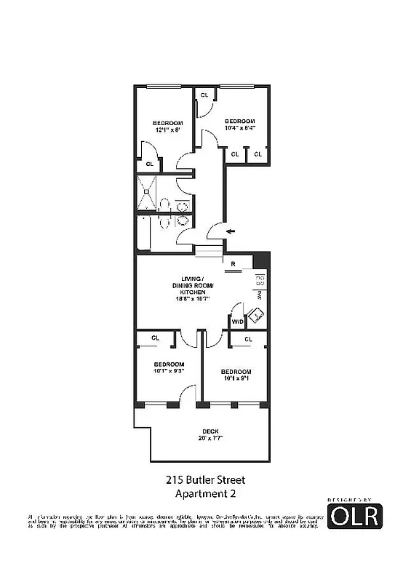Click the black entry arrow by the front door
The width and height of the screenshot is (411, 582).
[x=231, y=231]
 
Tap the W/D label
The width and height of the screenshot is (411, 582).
[x=236, y=321]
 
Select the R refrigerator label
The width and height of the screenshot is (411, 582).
[x=232, y=263]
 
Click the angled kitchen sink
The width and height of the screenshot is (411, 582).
[x=255, y=316]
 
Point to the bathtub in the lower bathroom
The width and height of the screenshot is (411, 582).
[x=143, y=234]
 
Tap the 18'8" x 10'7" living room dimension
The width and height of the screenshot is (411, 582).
[x=192, y=298]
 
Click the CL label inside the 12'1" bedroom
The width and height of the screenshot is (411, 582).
[x=149, y=164]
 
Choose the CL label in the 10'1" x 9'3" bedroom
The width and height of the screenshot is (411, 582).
[x=155, y=338]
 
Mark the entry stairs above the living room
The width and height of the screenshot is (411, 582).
[x=207, y=250]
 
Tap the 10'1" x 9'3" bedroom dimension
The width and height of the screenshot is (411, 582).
[x=168, y=370]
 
